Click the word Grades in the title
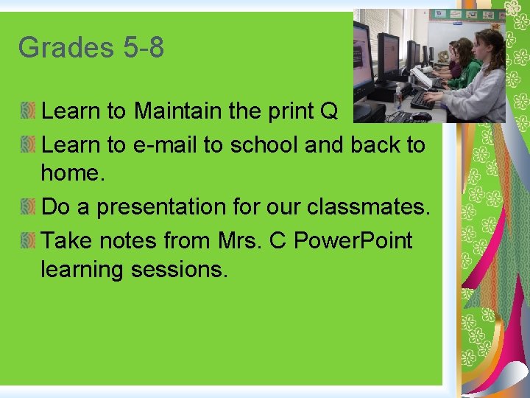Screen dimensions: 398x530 pos(65,49)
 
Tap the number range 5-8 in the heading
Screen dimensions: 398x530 pos(144,49)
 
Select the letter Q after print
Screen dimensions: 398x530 pos(328,111)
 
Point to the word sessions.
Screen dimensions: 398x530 pos(180,270)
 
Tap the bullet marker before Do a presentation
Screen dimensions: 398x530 pos(27,207)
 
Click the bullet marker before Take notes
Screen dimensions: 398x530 pos(27,240)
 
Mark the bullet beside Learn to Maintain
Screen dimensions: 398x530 pos(27,111)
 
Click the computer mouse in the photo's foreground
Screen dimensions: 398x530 pos(421,116)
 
